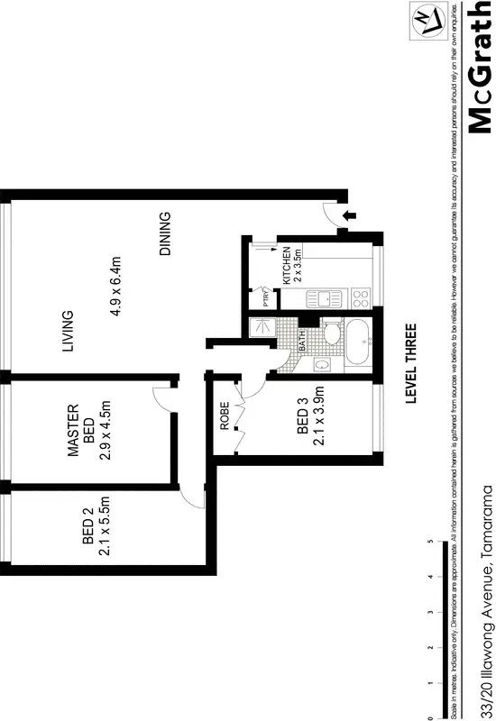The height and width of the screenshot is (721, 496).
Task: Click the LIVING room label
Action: coord(93,332)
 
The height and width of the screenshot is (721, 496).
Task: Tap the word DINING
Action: coord(164,234)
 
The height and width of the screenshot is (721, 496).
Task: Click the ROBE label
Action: coord(225,424)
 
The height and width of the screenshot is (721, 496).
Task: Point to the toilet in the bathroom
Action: coord(330,335)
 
